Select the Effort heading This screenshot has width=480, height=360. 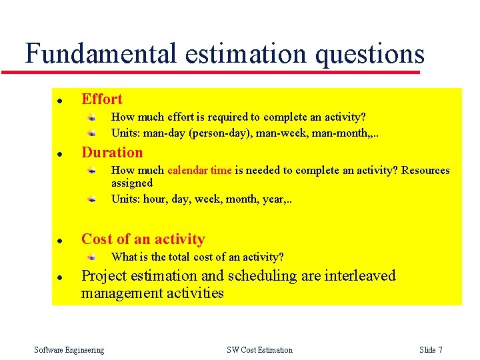[x=102, y=99]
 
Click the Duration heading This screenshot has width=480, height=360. [x=112, y=153]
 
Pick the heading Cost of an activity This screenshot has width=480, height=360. [x=143, y=239]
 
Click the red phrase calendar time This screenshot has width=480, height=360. [x=199, y=171]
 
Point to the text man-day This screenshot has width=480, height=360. [x=165, y=133]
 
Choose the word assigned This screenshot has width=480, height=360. [x=132, y=183]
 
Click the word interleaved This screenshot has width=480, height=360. [x=360, y=276]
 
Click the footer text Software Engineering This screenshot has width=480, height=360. [x=69, y=350]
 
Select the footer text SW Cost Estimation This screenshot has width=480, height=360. [x=259, y=350]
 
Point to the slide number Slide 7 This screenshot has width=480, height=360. [x=431, y=350]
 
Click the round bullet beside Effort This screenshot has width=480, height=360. [x=59, y=101]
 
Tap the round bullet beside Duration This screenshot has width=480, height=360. [x=59, y=154]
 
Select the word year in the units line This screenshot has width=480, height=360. [x=273, y=199]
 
